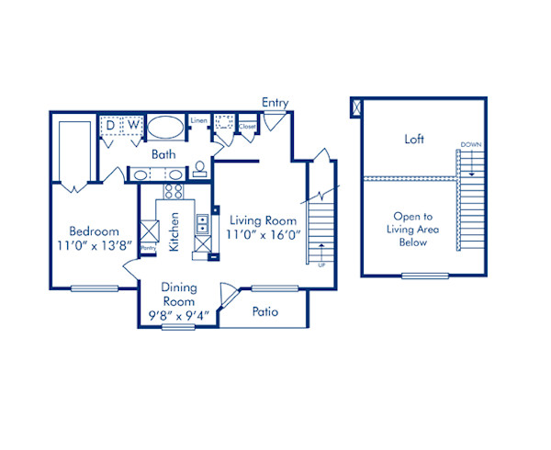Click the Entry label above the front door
tap(275, 102)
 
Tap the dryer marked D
tap(110, 123)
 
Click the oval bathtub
tap(165, 128)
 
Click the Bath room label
tap(163, 154)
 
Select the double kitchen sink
tap(201, 227)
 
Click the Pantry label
tap(147, 248)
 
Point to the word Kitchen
tap(174, 233)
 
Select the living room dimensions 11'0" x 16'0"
tap(263, 235)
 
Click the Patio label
tap(264, 312)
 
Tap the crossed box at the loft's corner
tap(356, 107)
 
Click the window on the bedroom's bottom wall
tap(94, 289)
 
